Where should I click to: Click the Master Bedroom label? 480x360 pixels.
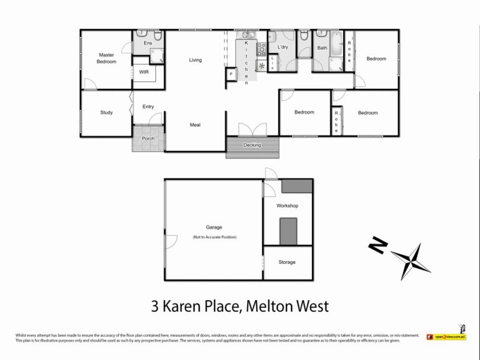tap(107, 58)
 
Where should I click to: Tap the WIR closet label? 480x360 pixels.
tap(144, 71)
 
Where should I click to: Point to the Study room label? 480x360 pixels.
tap(107, 112)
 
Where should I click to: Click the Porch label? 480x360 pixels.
tap(148, 139)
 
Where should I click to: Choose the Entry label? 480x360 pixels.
tap(148, 107)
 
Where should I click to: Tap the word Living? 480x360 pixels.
tap(195, 60)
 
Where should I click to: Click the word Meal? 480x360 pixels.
tap(195, 125)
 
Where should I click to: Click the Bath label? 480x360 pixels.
tap(322, 47)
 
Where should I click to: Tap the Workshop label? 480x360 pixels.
tap(287, 206)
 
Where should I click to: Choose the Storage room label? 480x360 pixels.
tap(287, 262)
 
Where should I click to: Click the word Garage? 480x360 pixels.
tap(215, 227)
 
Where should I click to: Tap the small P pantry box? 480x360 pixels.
tap(231, 74)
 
